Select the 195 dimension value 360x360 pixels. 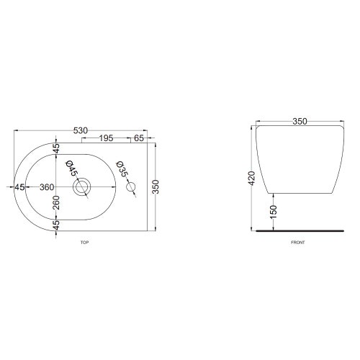click(105, 137)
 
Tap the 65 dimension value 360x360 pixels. click(138, 137)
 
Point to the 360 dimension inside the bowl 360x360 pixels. click(47, 187)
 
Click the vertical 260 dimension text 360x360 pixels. click(56, 203)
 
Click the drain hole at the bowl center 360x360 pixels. click(83, 188)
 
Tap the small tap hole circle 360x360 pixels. click(131, 188)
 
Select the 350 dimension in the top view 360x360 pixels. click(155, 187)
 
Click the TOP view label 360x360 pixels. click(84, 243)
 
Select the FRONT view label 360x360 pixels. click(298, 243)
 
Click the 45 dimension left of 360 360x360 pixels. click(20, 187)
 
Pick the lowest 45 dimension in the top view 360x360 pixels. click(56, 225)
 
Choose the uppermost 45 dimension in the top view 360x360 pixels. click(56, 149)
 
